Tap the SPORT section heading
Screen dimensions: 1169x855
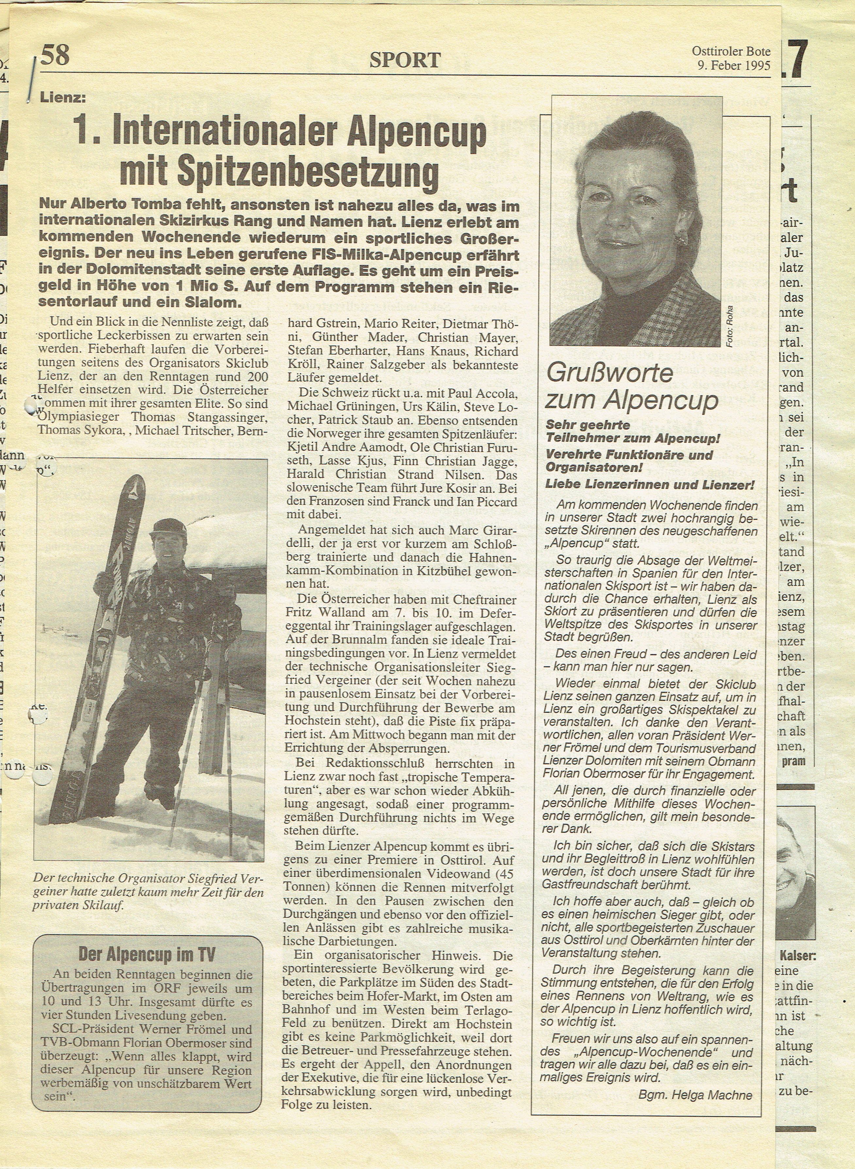click(x=405, y=60)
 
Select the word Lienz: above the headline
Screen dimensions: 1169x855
click(x=63, y=97)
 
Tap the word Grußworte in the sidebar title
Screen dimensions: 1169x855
click(x=610, y=373)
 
